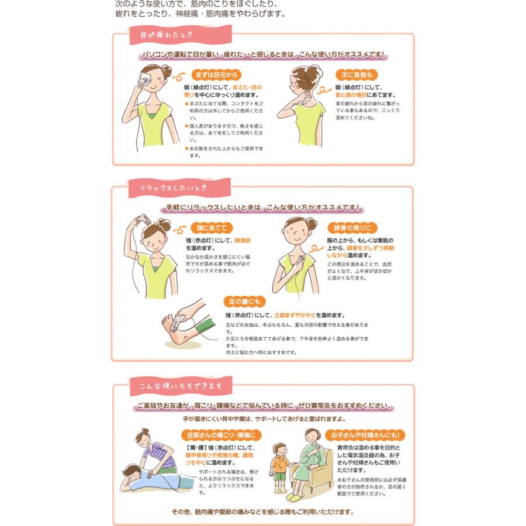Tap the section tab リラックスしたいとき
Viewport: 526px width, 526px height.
[173, 188]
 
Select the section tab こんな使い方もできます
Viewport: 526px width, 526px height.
[181, 386]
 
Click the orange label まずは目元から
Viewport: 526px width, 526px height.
[217, 75]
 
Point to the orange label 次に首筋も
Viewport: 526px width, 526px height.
[357, 75]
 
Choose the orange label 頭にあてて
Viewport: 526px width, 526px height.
[212, 228]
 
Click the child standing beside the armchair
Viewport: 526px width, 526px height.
[281, 468]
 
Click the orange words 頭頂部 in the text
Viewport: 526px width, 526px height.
[242, 240]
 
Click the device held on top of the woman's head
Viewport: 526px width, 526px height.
[140, 220]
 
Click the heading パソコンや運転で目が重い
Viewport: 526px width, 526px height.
[263, 55]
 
